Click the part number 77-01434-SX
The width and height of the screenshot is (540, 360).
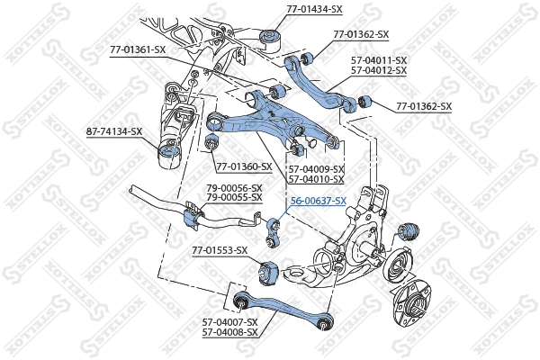coord(314,8)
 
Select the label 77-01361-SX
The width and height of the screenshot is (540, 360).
coord(138,49)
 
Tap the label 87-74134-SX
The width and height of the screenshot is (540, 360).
coord(113,131)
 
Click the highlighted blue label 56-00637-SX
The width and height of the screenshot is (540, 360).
coord(317,201)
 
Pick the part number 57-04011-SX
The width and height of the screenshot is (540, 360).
coord(379,59)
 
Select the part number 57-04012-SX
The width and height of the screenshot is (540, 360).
coord(379,69)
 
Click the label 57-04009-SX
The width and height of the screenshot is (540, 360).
coord(316,168)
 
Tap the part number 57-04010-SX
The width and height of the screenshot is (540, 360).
coord(316,178)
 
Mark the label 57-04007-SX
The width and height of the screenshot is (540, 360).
coord(229,322)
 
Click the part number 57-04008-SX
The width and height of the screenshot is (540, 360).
coord(229,332)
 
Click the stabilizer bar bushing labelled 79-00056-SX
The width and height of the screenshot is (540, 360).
coord(192,219)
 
